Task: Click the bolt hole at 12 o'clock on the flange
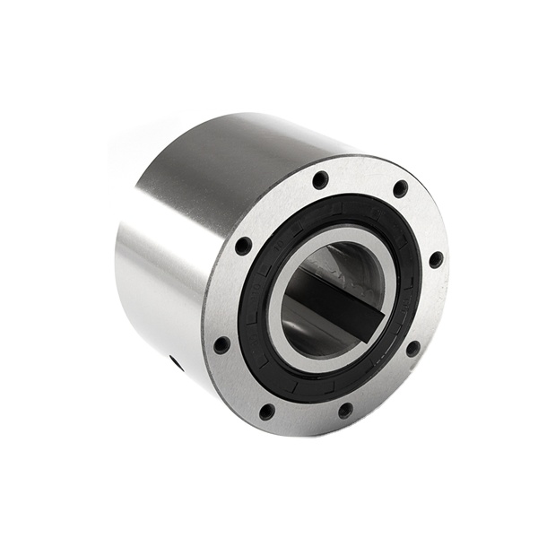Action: pos(320,179)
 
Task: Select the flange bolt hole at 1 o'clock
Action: pos(400,189)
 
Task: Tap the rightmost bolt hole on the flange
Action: pos(436,260)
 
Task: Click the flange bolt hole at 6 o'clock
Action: pos(345,410)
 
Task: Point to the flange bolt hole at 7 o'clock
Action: pos(267,412)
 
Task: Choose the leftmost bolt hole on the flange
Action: pos(221,344)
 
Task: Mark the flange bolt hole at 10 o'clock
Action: pos(243,245)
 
